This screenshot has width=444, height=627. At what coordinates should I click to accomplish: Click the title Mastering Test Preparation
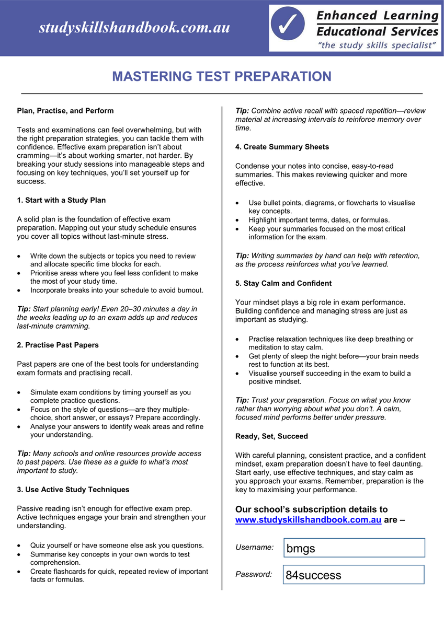click(222, 77)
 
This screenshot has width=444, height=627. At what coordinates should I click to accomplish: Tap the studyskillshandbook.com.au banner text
click(134, 28)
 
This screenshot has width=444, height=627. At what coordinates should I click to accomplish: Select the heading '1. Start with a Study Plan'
click(61, 200)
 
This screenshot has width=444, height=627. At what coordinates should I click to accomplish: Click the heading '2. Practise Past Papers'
click(58, 345)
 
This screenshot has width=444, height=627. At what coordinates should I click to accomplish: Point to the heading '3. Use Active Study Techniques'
click(73, 490)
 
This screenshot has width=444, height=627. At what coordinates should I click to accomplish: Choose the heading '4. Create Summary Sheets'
click(282, 147)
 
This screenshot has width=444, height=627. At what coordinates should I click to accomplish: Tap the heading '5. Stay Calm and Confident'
click(283, 283)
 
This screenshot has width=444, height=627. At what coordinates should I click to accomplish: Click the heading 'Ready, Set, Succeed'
click(271, 436)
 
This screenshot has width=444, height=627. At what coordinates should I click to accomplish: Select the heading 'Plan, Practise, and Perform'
click(65, 111)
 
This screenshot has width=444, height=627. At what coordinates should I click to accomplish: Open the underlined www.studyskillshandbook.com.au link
click(308, 520)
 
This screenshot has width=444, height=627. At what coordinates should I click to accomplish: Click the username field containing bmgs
click(354, 548)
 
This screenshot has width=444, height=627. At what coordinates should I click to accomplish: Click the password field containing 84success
click(354, 575)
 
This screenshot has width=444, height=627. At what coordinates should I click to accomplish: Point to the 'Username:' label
click(254, 548)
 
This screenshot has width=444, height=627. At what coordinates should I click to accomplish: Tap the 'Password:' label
click(254, 574)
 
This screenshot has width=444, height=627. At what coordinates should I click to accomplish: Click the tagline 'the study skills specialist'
click(377, 45)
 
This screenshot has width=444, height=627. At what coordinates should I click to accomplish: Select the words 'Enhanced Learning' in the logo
click(378, 16)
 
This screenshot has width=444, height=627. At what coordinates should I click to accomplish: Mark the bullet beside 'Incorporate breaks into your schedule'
click(19, 291)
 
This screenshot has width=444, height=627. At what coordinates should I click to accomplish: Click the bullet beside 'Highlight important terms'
click(238, 220)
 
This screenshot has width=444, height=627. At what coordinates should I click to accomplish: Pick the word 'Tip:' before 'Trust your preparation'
click(242, 400)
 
